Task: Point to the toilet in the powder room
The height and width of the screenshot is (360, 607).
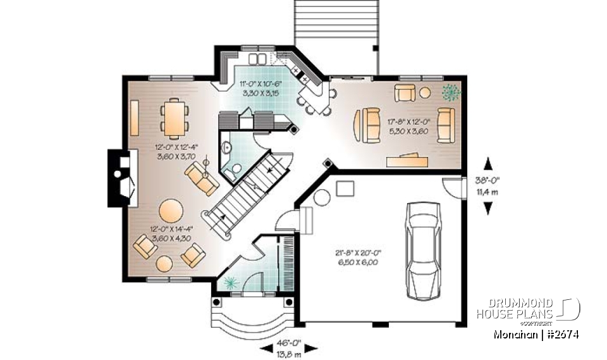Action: pyautogui.click(x=235, y=168)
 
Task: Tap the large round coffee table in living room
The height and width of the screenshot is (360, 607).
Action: pyautogui.click(x=171, y=211)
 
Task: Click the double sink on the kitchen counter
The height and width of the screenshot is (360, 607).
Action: pyautogui.click(x=257, y=60)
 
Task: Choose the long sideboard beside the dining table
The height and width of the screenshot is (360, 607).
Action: pyautogui.click(x=135, y=118)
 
